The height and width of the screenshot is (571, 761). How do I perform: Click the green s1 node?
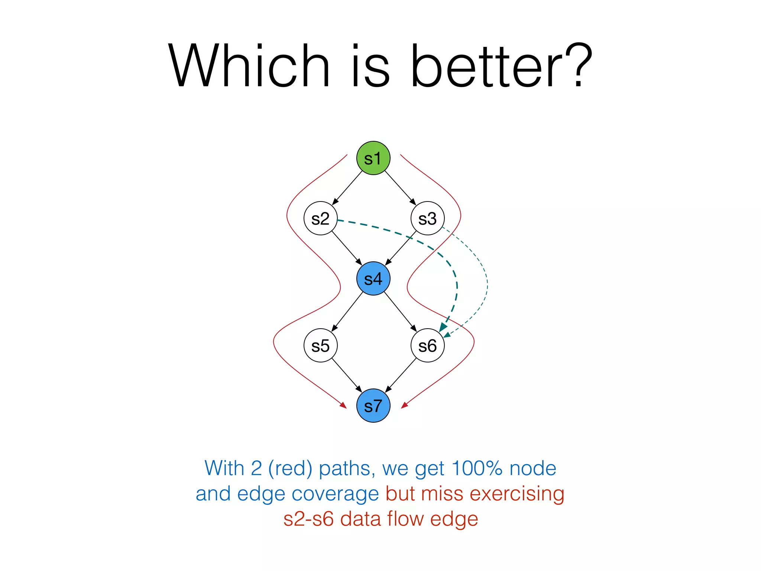click(x=373, y=158)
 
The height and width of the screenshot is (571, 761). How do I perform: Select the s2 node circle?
click(x=320, y=218)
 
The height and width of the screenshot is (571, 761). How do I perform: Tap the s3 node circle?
click(x=427, y=218)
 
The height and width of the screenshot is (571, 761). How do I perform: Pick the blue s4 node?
click(x=373, y=278)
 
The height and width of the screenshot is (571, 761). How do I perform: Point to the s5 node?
click(x=320, y=345)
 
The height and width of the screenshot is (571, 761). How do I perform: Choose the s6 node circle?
click(x=427, y=345)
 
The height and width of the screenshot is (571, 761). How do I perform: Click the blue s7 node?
click(x=373, y=406)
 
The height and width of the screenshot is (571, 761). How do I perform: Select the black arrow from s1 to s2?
click(x=347, y=188)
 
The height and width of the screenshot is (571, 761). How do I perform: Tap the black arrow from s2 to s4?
click(x=347, y=248)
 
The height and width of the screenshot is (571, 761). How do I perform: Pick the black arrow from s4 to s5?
click(x=347, y=312)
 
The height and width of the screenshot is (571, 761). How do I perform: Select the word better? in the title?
click(x=501, y=66)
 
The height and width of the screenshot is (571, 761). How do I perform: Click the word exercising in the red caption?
click(x=517, y=494)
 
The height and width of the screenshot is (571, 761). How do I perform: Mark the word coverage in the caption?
click(x=335, y=494)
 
